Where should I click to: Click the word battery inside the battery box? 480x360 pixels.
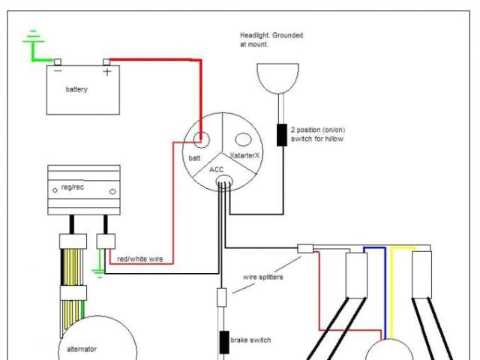76,90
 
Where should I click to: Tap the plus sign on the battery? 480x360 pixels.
106,73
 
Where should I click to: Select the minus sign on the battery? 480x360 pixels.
58,72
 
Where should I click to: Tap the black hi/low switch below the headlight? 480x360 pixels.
282,135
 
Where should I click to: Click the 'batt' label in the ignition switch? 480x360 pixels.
193,158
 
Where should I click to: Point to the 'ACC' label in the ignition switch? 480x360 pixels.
217,169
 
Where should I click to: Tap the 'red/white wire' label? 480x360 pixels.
141,259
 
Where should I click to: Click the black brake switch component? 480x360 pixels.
223,342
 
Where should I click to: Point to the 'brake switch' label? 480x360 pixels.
250,340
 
